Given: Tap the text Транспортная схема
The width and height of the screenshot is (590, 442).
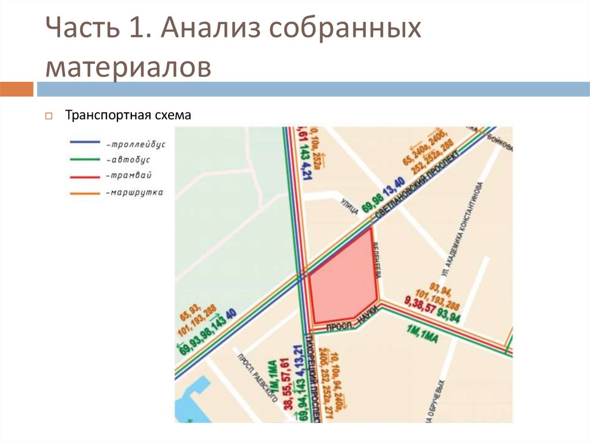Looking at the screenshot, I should click(127, 115).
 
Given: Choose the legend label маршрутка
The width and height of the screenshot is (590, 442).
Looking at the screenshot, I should click(134, 192).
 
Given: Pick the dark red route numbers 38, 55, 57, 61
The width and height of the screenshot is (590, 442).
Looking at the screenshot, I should click(286, 384).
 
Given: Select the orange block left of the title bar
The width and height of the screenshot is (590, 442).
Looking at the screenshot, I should click(17, 89).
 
